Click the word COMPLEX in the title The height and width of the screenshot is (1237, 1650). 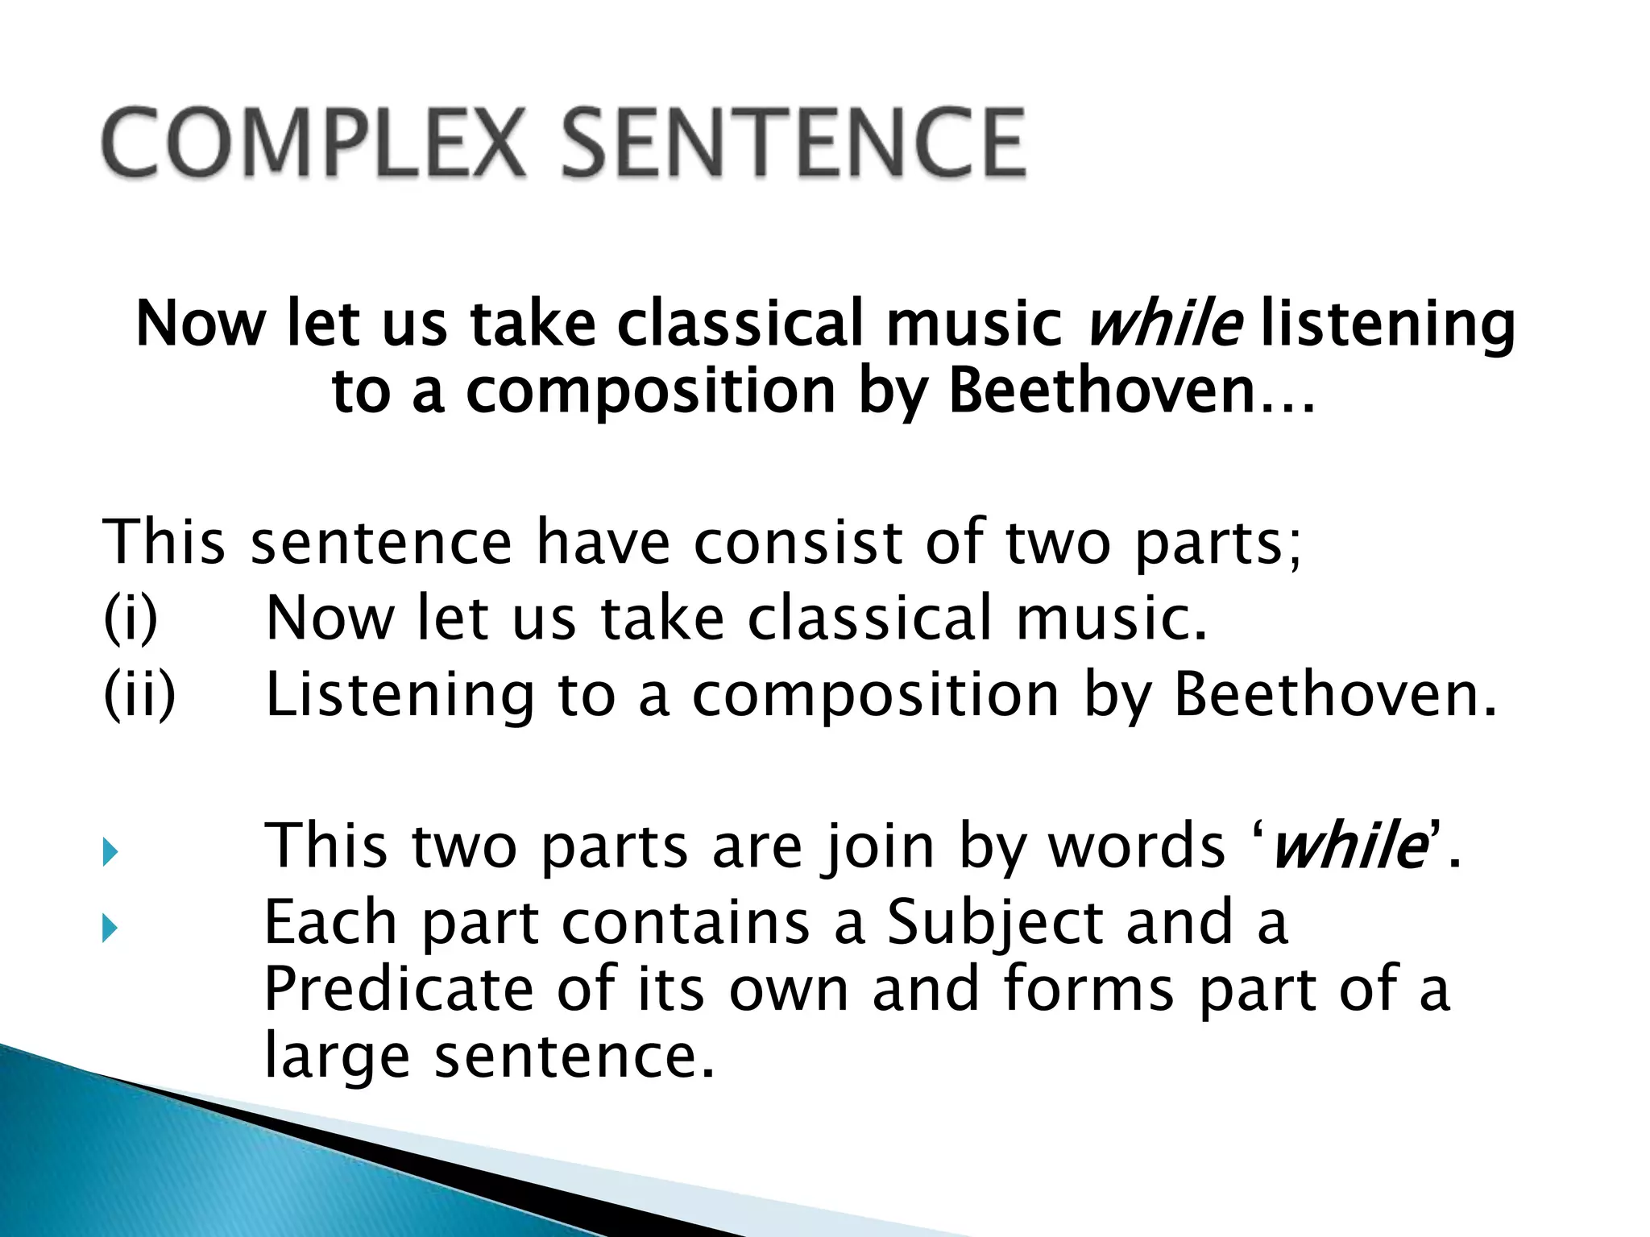[313, 143]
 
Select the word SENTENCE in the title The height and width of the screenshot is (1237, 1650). [793, 143]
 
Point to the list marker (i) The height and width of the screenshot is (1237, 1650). [131, 618]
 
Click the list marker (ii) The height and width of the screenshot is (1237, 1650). [139, 694]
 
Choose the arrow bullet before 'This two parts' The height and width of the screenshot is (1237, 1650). [110, 854]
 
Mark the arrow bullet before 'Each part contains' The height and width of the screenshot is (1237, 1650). [110, 930]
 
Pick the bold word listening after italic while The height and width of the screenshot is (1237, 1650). [1387, 325]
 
